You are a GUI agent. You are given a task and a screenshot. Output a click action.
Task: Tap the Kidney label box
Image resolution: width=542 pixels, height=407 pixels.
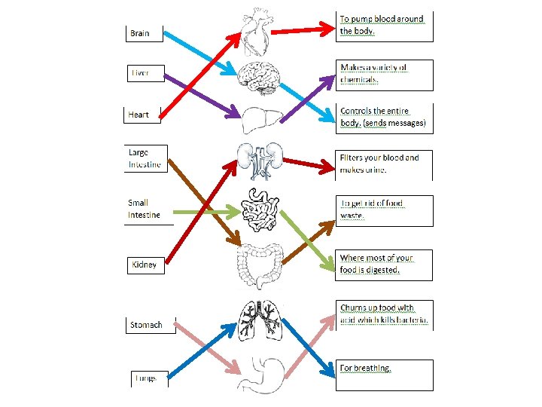pyautogui.click(x=145, y=265)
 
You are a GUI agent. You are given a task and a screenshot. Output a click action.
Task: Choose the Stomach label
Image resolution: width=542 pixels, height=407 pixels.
pyautogui.click(x=146, y=325)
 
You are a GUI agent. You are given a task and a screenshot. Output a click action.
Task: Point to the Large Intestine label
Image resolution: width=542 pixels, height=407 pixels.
pyautogui.click(x=145, y=158)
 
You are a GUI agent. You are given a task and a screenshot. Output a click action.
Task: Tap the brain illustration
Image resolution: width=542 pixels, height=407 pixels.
pyautogui.click(x=260, y=78)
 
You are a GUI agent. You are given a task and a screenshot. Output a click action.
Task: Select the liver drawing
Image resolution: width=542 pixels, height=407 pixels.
pyautogui.click(x=260, y=118)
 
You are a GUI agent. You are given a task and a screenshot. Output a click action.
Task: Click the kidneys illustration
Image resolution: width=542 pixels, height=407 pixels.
pyautogui.click(x=260, y=161)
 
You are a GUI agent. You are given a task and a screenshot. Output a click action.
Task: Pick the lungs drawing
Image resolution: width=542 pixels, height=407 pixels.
pyautogui.click(x=260, y=321)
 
